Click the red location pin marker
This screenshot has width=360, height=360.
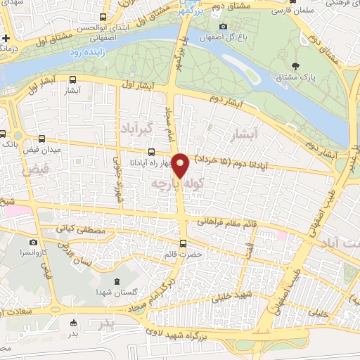click(181, 165)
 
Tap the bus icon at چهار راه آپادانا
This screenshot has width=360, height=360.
click(151, 152)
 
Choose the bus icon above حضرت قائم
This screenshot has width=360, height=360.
click(184, 244)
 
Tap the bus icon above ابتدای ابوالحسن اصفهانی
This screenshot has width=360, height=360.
click(103, 17)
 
